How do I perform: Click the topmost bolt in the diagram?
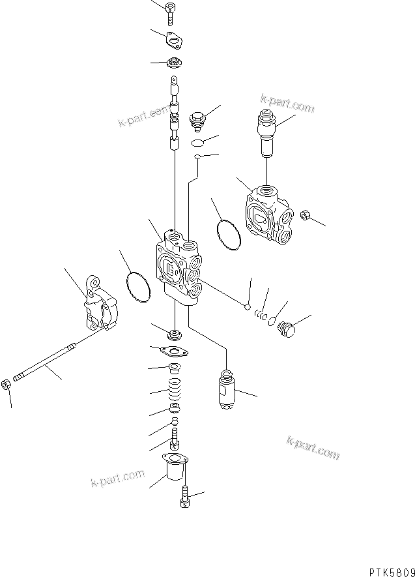click(x=171, y=12)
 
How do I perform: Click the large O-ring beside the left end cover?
click(x=137, y=288)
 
